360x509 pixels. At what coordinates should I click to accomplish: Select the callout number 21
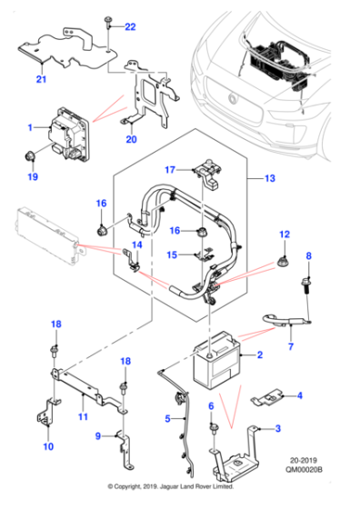tap(40, 81)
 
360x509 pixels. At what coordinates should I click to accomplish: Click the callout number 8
tap(307, 255)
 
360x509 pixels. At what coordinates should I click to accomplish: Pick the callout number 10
tap(49, 445)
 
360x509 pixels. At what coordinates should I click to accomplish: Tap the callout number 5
tap(167, 418)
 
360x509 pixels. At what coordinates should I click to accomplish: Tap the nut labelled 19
tap(34, 155)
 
